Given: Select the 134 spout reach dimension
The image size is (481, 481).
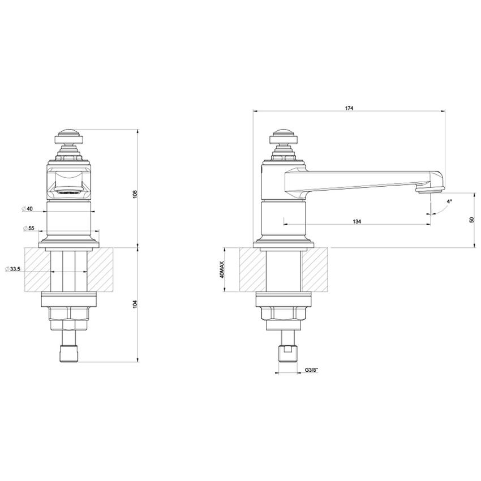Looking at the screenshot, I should (x=357, y=221).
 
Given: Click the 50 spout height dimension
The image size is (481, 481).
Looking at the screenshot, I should (x=471, y=220).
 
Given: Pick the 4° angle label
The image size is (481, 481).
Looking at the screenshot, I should (x=449, y=201).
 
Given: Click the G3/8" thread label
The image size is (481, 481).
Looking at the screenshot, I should (x=312, y=370).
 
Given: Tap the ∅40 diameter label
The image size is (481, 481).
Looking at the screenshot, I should (x=28, y=209).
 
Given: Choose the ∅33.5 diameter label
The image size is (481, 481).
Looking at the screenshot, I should (x=13, y=269).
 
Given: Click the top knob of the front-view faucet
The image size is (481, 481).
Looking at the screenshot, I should (x=68, y=136).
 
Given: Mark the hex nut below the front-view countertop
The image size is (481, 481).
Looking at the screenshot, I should (x=68, y=315).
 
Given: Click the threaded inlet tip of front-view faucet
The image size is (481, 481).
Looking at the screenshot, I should (x=68, y=351).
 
